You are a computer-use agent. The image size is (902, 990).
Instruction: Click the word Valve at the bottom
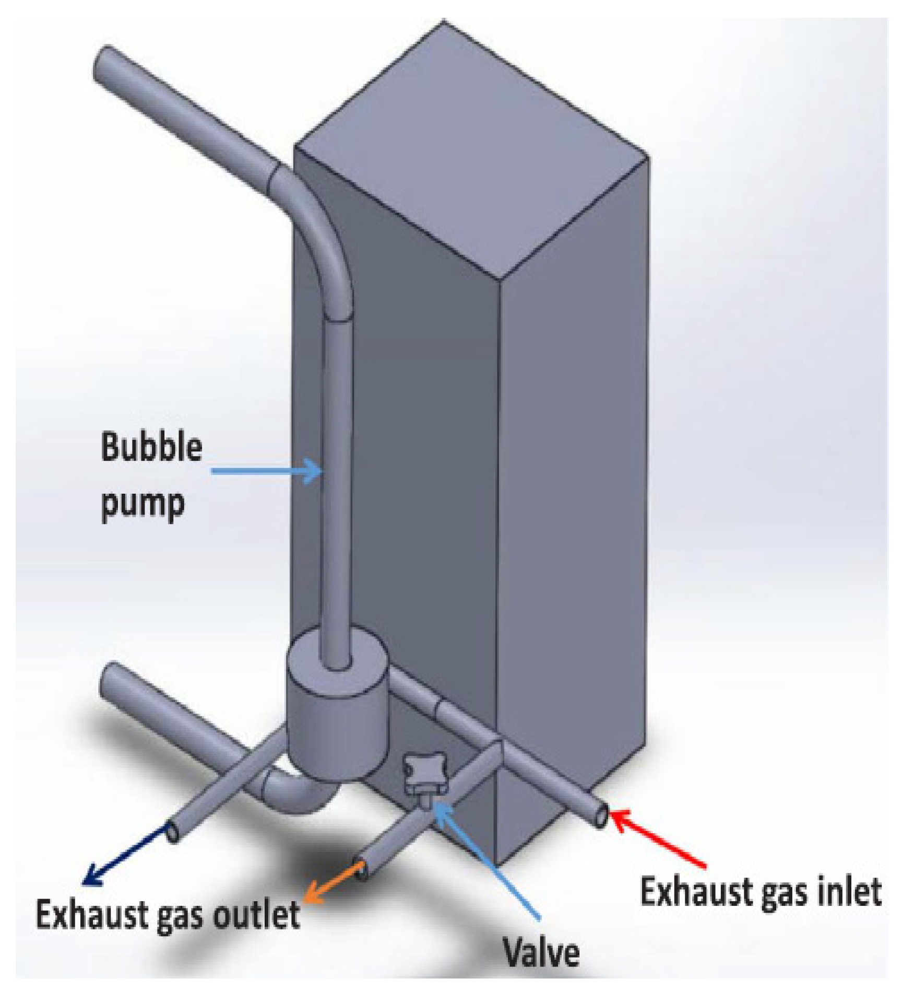[x=541, y=952]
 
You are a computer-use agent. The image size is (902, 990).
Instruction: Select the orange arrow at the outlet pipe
[x=334, y=884]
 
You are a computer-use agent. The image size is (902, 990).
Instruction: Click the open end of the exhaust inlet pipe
[x=602, y=816]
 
